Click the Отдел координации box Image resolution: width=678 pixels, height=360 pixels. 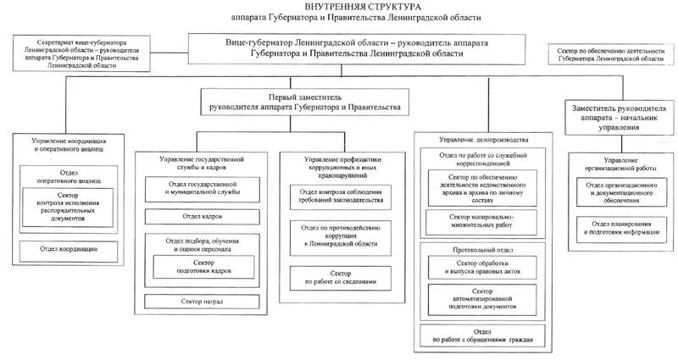tap(69, 249)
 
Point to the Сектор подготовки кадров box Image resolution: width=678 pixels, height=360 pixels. tap(197, 268)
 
